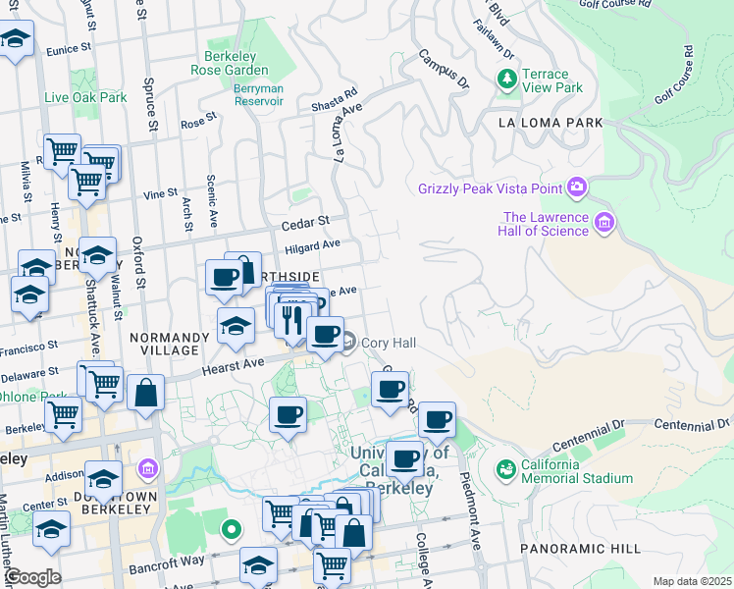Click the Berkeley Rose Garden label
point(236,63)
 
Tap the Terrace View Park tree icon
point(507,80)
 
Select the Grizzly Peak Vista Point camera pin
point(576,187)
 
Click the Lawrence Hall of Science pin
point(603,224)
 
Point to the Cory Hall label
point(390,343)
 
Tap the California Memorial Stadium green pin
point(506,470)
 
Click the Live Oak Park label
point(85,97)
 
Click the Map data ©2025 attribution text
point(692,581)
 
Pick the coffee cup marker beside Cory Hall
point(325,334)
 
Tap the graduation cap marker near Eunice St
point(17,40)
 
